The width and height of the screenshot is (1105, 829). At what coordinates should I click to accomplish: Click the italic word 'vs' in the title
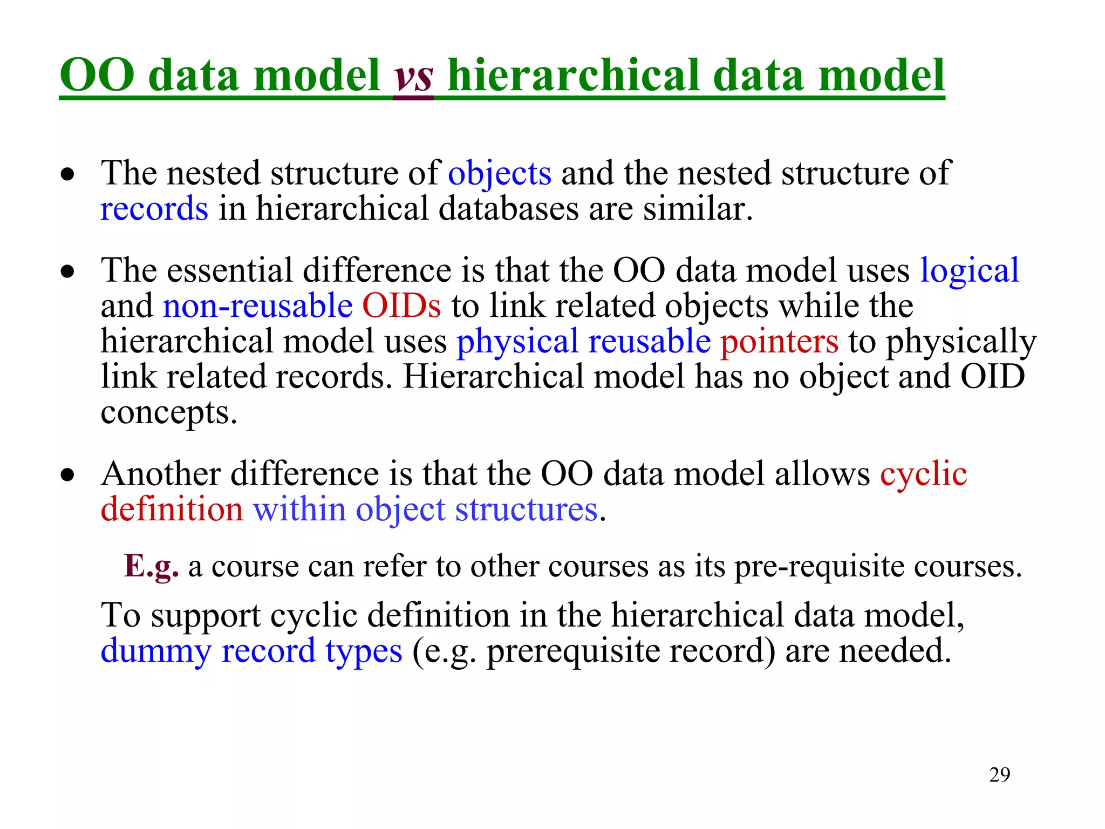pos(413,77)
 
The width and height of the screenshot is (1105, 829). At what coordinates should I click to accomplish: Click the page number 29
pos(999,775)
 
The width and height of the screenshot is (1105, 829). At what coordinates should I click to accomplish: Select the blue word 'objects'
pos(500,174)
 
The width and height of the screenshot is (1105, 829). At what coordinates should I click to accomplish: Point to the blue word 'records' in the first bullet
pos(154,209)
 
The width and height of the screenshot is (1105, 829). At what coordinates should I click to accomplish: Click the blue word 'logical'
pos(969,270)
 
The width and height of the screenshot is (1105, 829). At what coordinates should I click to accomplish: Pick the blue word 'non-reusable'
pos(257,306)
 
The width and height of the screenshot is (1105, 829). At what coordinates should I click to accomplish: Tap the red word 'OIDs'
pos(401,306)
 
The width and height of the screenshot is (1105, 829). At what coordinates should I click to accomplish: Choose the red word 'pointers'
pos(779,342)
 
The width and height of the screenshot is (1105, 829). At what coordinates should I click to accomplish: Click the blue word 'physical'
pos(517,342)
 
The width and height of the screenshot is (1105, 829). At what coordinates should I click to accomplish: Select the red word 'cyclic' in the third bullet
pos(923,474)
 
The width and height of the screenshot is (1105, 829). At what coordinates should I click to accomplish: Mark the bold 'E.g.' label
pos(151,567)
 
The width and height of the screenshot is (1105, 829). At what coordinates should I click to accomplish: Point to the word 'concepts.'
pos(169,413)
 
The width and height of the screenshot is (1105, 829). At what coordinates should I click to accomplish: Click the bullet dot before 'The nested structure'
pos(67,175)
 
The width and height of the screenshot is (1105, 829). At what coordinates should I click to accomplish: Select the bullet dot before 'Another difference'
pos(67,475)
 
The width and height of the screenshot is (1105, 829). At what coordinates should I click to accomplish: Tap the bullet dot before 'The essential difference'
pos(67,271)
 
